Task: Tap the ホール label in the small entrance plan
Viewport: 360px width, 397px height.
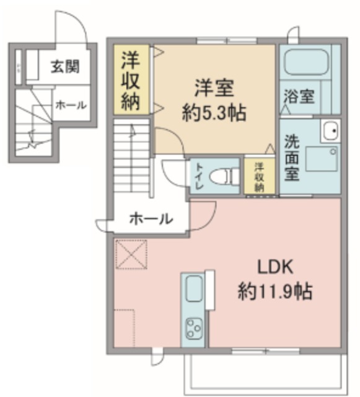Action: click(71, 105)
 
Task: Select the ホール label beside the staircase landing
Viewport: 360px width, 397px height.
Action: click(151, 218)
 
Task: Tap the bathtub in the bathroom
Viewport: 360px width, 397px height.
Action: click(307, 63)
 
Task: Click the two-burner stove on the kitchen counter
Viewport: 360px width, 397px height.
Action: click(194, 329)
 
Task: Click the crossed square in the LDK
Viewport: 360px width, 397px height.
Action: click(132, 254)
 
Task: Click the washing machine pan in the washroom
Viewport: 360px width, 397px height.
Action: click(322, 159)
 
